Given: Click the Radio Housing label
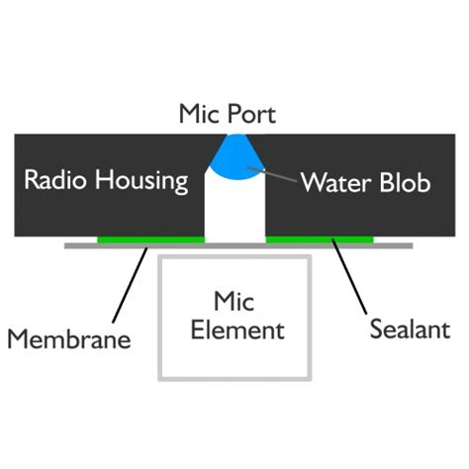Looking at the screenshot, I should [106, 180].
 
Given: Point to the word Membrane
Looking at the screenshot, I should [69, 339].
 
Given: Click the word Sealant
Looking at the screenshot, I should [410, 328].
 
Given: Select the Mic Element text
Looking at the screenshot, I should [235, 315].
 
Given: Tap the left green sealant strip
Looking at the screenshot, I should [150, 239].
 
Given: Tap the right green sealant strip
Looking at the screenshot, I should [320, 239].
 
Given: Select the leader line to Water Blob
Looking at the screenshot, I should [273, 177].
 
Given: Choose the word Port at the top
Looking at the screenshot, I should [252, 114].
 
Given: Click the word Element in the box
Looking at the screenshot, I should [235, 329].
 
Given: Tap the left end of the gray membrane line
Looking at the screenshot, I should [67, 244].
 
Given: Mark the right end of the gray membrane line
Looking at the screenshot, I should [410, 244].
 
